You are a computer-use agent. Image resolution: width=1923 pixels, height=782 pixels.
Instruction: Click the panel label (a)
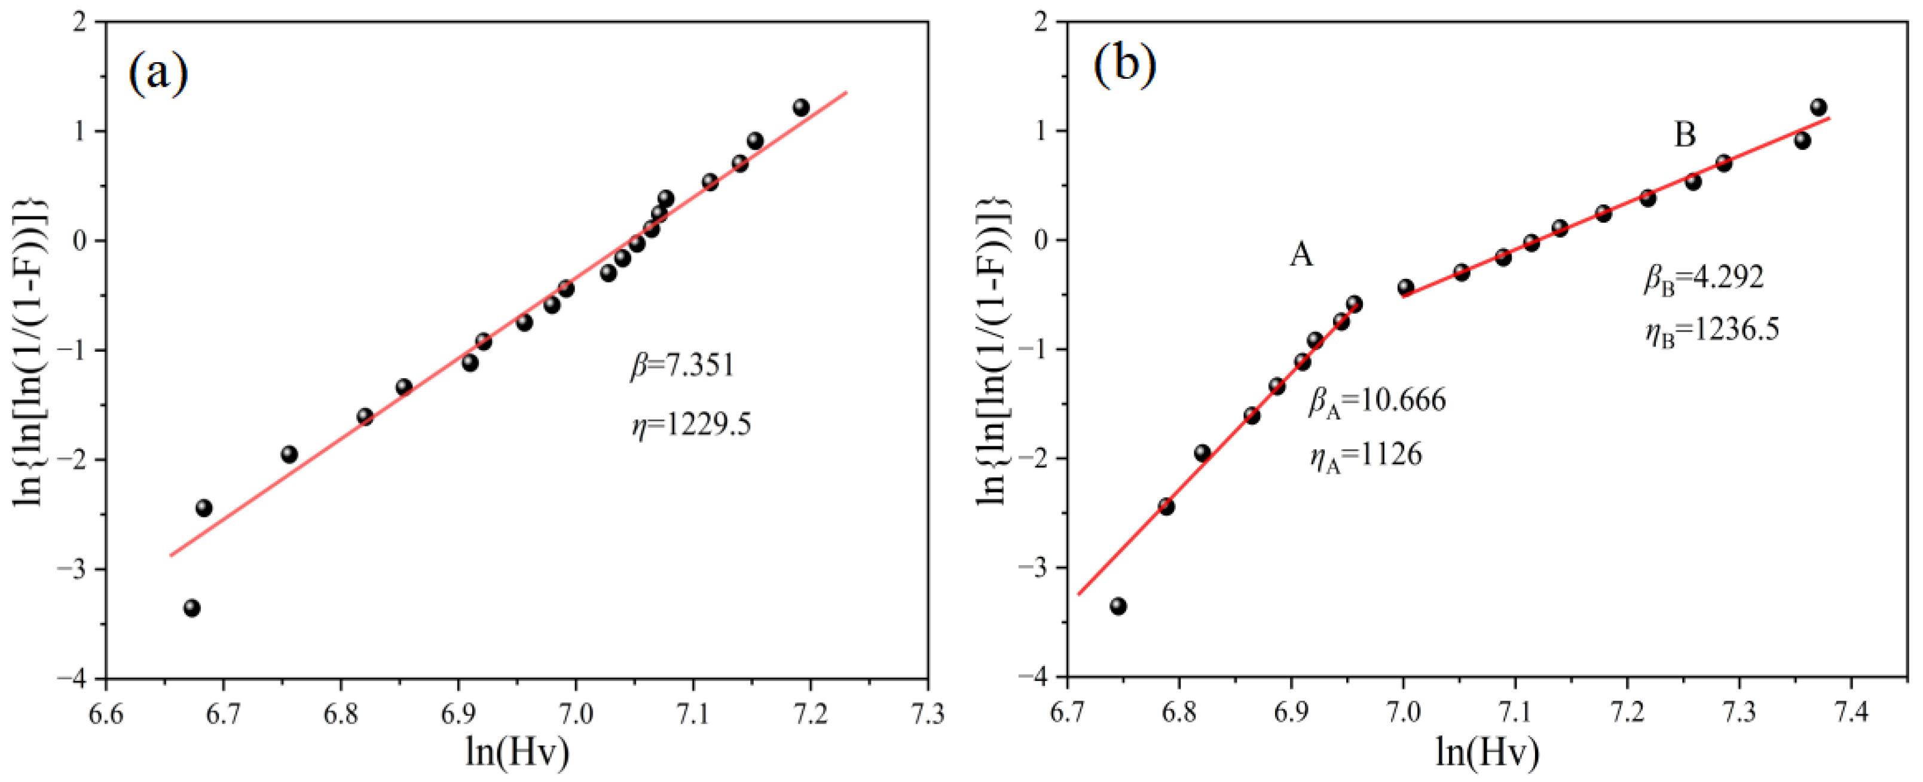158,73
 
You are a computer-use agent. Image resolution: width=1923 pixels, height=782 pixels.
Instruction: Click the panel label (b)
1125,64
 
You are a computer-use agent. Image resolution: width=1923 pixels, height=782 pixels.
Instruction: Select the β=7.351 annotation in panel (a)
682,366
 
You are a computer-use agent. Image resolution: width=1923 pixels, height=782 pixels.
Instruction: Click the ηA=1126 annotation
1366,456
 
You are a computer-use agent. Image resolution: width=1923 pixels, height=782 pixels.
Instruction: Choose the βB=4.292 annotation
1704,278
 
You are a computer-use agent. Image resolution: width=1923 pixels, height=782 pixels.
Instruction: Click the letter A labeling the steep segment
1301,256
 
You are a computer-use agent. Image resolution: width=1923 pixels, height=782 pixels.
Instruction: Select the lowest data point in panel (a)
192,608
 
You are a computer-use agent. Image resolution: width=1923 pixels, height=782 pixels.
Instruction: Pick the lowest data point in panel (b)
1118,606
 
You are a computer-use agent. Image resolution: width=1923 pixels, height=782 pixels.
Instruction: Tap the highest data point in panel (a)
801,108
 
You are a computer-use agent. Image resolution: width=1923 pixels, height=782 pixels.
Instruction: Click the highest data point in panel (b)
1818,107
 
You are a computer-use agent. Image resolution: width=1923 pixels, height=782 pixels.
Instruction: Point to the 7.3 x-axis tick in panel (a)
928,714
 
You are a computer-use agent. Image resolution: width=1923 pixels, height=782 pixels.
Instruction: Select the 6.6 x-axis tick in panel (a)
106,714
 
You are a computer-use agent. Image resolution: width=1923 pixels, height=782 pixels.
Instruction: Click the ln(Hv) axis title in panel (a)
516,752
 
